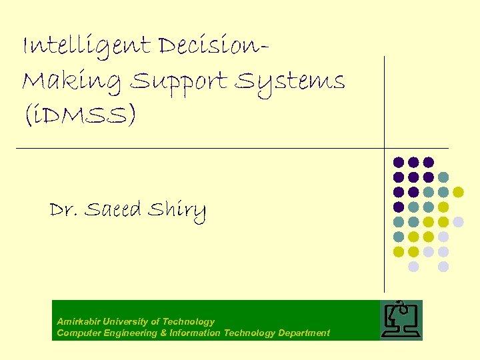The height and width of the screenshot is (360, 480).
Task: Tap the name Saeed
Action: pos(113,210)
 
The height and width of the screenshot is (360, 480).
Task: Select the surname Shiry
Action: pos(177,211)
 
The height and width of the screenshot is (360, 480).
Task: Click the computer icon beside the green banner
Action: pos(401,320)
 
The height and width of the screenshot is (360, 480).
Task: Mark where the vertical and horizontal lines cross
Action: pos(385,147)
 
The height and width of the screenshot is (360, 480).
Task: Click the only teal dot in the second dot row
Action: pos(443,177)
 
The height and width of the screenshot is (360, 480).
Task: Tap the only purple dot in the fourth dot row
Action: pos(399,207)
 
